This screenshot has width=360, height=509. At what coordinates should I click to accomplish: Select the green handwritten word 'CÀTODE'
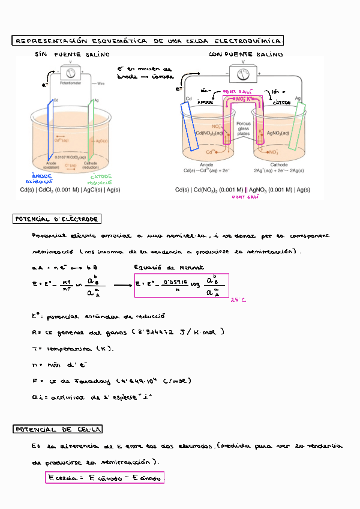[x=101, y=176]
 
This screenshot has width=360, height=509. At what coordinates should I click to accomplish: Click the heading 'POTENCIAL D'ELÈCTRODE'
[x=58, y=219]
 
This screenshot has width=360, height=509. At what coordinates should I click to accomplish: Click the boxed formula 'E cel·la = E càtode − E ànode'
[x=104, y=478]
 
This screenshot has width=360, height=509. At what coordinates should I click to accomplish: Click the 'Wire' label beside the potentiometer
[x=101, y=84]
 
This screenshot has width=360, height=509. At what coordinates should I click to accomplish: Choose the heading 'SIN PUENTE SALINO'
[x=72, y=55]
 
